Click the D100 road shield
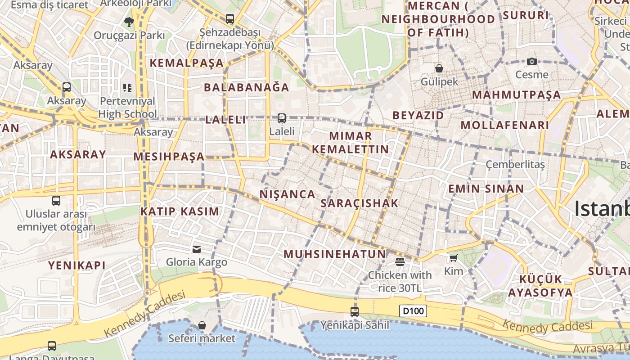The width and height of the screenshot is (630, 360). pyautogui.click(x=413, y=311)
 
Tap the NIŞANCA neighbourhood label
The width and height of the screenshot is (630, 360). pyautogui.click(x=288, y=194)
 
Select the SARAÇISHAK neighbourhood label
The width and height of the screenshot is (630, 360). pyautogui.click(x=360, y=203)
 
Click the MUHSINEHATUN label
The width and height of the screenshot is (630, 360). pyautogui.click(x=335, y=254)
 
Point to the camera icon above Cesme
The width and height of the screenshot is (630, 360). pyautogui.click(x=532, y=62)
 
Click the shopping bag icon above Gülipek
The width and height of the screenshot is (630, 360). pyautogui.click(x=439, y=68)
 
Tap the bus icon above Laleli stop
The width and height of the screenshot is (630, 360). pyautogui.click(x=281, y=118)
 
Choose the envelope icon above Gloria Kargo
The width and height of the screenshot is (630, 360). pyautogui.click(x=197, y=249)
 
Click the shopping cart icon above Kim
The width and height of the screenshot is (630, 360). pyautogui.click(x=453, y=258)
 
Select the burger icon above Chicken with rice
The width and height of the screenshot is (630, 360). pyautogui.click(x=400, y=261)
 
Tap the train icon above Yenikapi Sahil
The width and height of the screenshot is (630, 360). pyautogui.click(x=355, y=311)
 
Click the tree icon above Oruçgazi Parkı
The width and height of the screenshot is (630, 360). pyautogui.click(x=129, y=22)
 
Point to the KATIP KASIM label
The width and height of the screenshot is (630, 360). pyautogui.click(x=180, y=211)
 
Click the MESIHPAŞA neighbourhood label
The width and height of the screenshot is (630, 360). pyautogui.click(x=169, y=157)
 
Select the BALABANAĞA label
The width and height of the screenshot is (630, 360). pyautogui.click(x=247, y=87)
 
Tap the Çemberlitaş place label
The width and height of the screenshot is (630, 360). pyautogui.click(x=515, y=165)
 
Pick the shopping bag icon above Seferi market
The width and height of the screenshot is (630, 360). pyautogui.click(x=202, y=325)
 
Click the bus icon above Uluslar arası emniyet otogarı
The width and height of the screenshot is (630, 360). pyautogui.click(x=56, y=201)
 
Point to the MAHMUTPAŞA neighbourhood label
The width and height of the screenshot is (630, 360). pyautogui.click(x=517, y=95)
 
